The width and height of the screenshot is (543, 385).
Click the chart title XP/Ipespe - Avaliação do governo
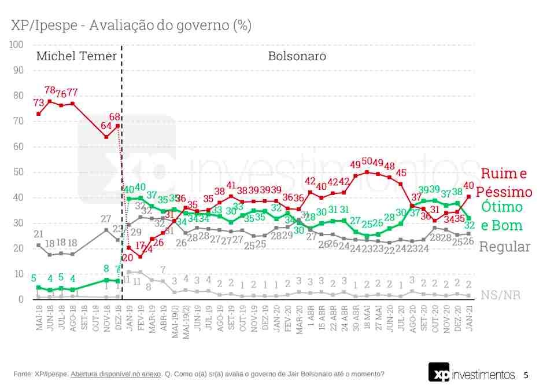point(131,25)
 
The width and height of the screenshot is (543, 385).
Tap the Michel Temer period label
point(76,57)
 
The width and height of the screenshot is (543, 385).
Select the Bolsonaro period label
point(297,57)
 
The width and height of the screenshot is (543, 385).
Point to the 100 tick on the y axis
point(16,45)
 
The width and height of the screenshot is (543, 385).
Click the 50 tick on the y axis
point(18,172)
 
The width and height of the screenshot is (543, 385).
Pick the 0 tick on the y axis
point(20,299)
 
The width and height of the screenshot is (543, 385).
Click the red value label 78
point(50,91)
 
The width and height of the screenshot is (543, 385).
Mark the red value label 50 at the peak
point(367,162)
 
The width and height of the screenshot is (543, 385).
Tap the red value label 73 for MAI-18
point(39,103)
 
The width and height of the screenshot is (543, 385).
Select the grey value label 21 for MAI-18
point(39,234)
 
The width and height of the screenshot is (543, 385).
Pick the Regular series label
point(505,247)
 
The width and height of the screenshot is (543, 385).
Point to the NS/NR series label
point(500,295)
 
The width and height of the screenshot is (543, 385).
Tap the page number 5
point(526,375)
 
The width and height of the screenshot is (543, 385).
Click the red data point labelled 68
point(118,126)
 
